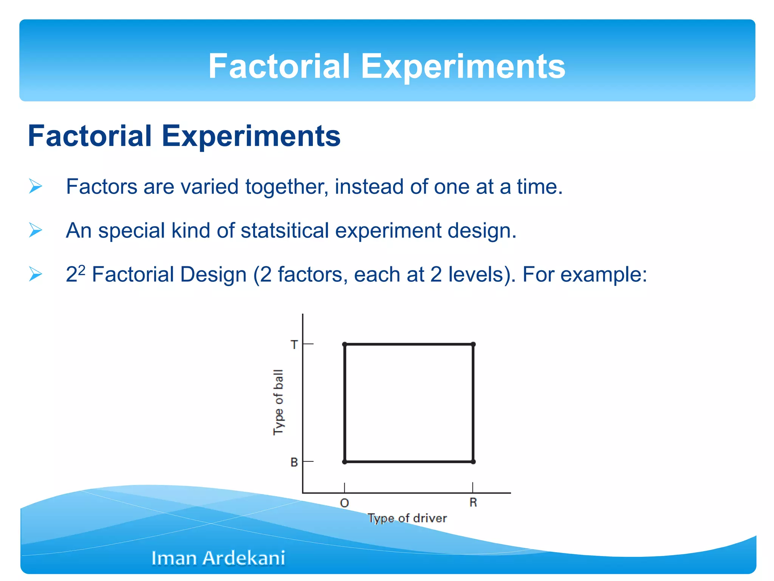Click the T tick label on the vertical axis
pyautogui.click(x=294, y=345)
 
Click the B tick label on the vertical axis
pyautogui.click(x=294, y=462)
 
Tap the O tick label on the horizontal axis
pyautogui.click(x=344, y=503)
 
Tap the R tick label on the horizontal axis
pyautogui.click(x=473, y=503)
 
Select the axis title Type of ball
pyautogui.click(x=278, y=402)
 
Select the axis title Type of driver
pyautogui.click(x=407, y=518)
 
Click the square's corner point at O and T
pyautogui.click(x=344, y=344)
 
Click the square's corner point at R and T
pyautogui.click(x=473, y=344)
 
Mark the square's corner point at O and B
pyautogui.click(x=344, y=462)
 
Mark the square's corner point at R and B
pyautogui.click(x=473, y=462)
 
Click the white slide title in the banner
pyautogui.click(x=387, y=66)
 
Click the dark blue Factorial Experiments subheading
pyautogui.click(x=184, y=136)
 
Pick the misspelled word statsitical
pyautogui.click(x=285, y=230)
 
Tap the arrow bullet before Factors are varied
pyautogui.click(x=36, y=186)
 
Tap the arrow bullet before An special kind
pyautogui.click(x=36, y=230)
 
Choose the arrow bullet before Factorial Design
pyautogui.click(x=36, y=274)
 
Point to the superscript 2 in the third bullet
pyautogui.click(x=82, y=269)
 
